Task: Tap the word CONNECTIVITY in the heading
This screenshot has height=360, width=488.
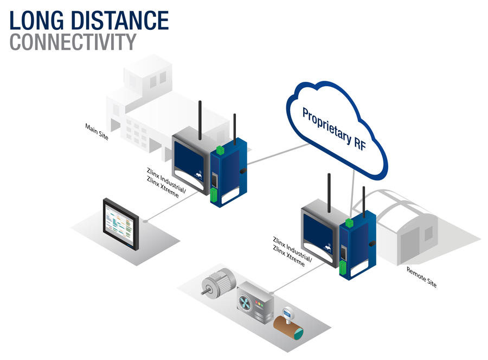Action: click(73, 42)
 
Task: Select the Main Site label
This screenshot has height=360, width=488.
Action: click(97, 132)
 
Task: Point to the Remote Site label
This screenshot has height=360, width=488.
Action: click(421, 277)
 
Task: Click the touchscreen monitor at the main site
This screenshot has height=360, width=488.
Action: click(121, 224)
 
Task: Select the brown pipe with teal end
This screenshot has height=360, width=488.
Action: click(288, 326)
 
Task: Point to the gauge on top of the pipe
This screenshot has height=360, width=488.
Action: click(287, 313)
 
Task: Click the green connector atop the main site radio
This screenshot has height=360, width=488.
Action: click(220, 150)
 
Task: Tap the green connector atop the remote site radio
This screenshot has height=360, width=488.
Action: click(350, 223)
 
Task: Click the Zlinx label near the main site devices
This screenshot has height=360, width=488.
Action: click(166, 183)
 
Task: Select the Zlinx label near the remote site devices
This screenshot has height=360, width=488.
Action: click(292, 252)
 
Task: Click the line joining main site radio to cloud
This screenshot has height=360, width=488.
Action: click(278, 154)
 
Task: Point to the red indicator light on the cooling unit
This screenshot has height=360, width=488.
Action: click(256, 302)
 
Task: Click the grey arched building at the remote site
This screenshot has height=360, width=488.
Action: click(401, 227)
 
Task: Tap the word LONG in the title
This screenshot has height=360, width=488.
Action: click(37, 20)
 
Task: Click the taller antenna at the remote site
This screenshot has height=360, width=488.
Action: click(329, 193)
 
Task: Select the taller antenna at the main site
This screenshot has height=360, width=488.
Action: click(200, 120)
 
